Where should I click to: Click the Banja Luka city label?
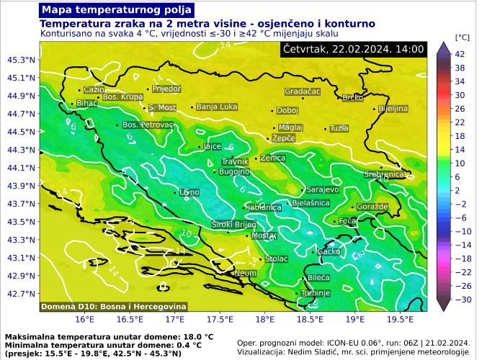[217, 107]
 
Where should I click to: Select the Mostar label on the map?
[264, 235]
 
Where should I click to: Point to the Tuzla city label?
[339, 128]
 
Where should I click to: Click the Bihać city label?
[86, 104]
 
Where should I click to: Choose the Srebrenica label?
[384, 174]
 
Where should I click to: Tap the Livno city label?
[189, 192]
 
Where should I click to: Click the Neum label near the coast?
[245, 274]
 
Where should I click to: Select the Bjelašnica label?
[311, 204]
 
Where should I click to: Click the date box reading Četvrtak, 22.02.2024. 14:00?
[353, 49]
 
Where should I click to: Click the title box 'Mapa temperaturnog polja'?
[117, 10]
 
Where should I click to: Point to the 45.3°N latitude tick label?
[22, 60]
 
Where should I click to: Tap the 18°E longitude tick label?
[264, 318]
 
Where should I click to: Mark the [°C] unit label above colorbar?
[462, 36]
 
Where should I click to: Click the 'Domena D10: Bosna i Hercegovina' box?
[113, 307]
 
